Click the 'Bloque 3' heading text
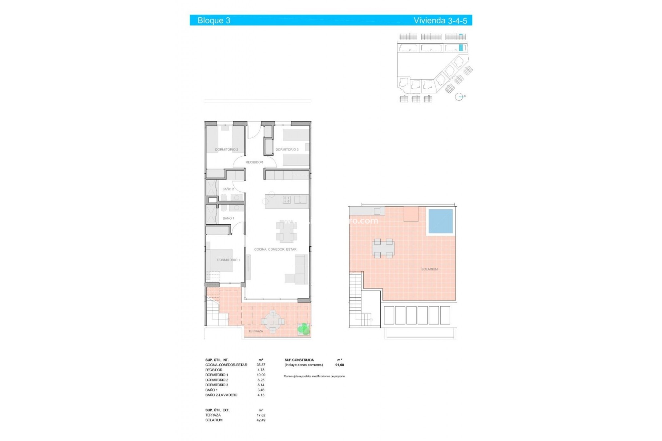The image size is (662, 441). coord(214,20)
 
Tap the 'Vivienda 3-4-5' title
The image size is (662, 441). coord(440,20)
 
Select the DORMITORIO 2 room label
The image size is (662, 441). coord(227,150)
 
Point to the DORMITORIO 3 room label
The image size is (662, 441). coord(287,150)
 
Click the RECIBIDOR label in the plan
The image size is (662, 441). coord(254,162)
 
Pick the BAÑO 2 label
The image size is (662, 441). coord(228,189)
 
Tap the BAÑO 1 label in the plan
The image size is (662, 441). coord(228,218)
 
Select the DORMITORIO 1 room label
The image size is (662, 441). coord(228,260)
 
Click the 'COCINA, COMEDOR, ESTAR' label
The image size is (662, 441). coord(275,249)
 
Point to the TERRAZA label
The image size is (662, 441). coord(255,331)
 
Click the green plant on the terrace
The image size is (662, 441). coord(303,329)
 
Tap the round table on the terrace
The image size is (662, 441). coord(273,322)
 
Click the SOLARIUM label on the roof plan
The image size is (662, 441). coord(429,269)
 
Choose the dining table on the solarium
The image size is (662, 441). coord(383,248)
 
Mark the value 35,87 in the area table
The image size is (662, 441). coord(261,365)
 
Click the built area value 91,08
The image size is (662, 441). coord(339,365)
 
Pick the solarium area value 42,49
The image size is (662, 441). coord(261,420)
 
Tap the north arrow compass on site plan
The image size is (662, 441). coord(459,97)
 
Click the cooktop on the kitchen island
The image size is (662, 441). coord(287,199)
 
